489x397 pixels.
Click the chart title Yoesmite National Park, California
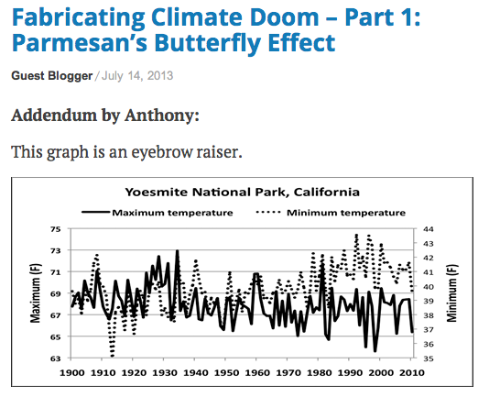click(x=241, y=193)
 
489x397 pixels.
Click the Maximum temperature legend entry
click(x=172, y=213)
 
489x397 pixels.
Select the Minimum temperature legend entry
click(x=346, y=213)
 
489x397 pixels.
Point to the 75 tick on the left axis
click(x=55, y=229)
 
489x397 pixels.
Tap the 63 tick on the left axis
click(x=55, y=358)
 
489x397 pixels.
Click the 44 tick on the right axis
click(x=427, y=229)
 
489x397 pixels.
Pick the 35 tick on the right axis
click(x=427, y=358)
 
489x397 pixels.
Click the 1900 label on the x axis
click(x=71, y=373)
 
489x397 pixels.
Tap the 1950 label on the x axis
click(x=227, y=373)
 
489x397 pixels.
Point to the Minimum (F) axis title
click(x=451, y=293)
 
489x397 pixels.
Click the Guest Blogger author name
click(x=52, y=75)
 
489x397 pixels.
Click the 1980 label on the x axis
click(x=321, y=373)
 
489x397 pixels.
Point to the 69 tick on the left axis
click(x=55, y=293)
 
